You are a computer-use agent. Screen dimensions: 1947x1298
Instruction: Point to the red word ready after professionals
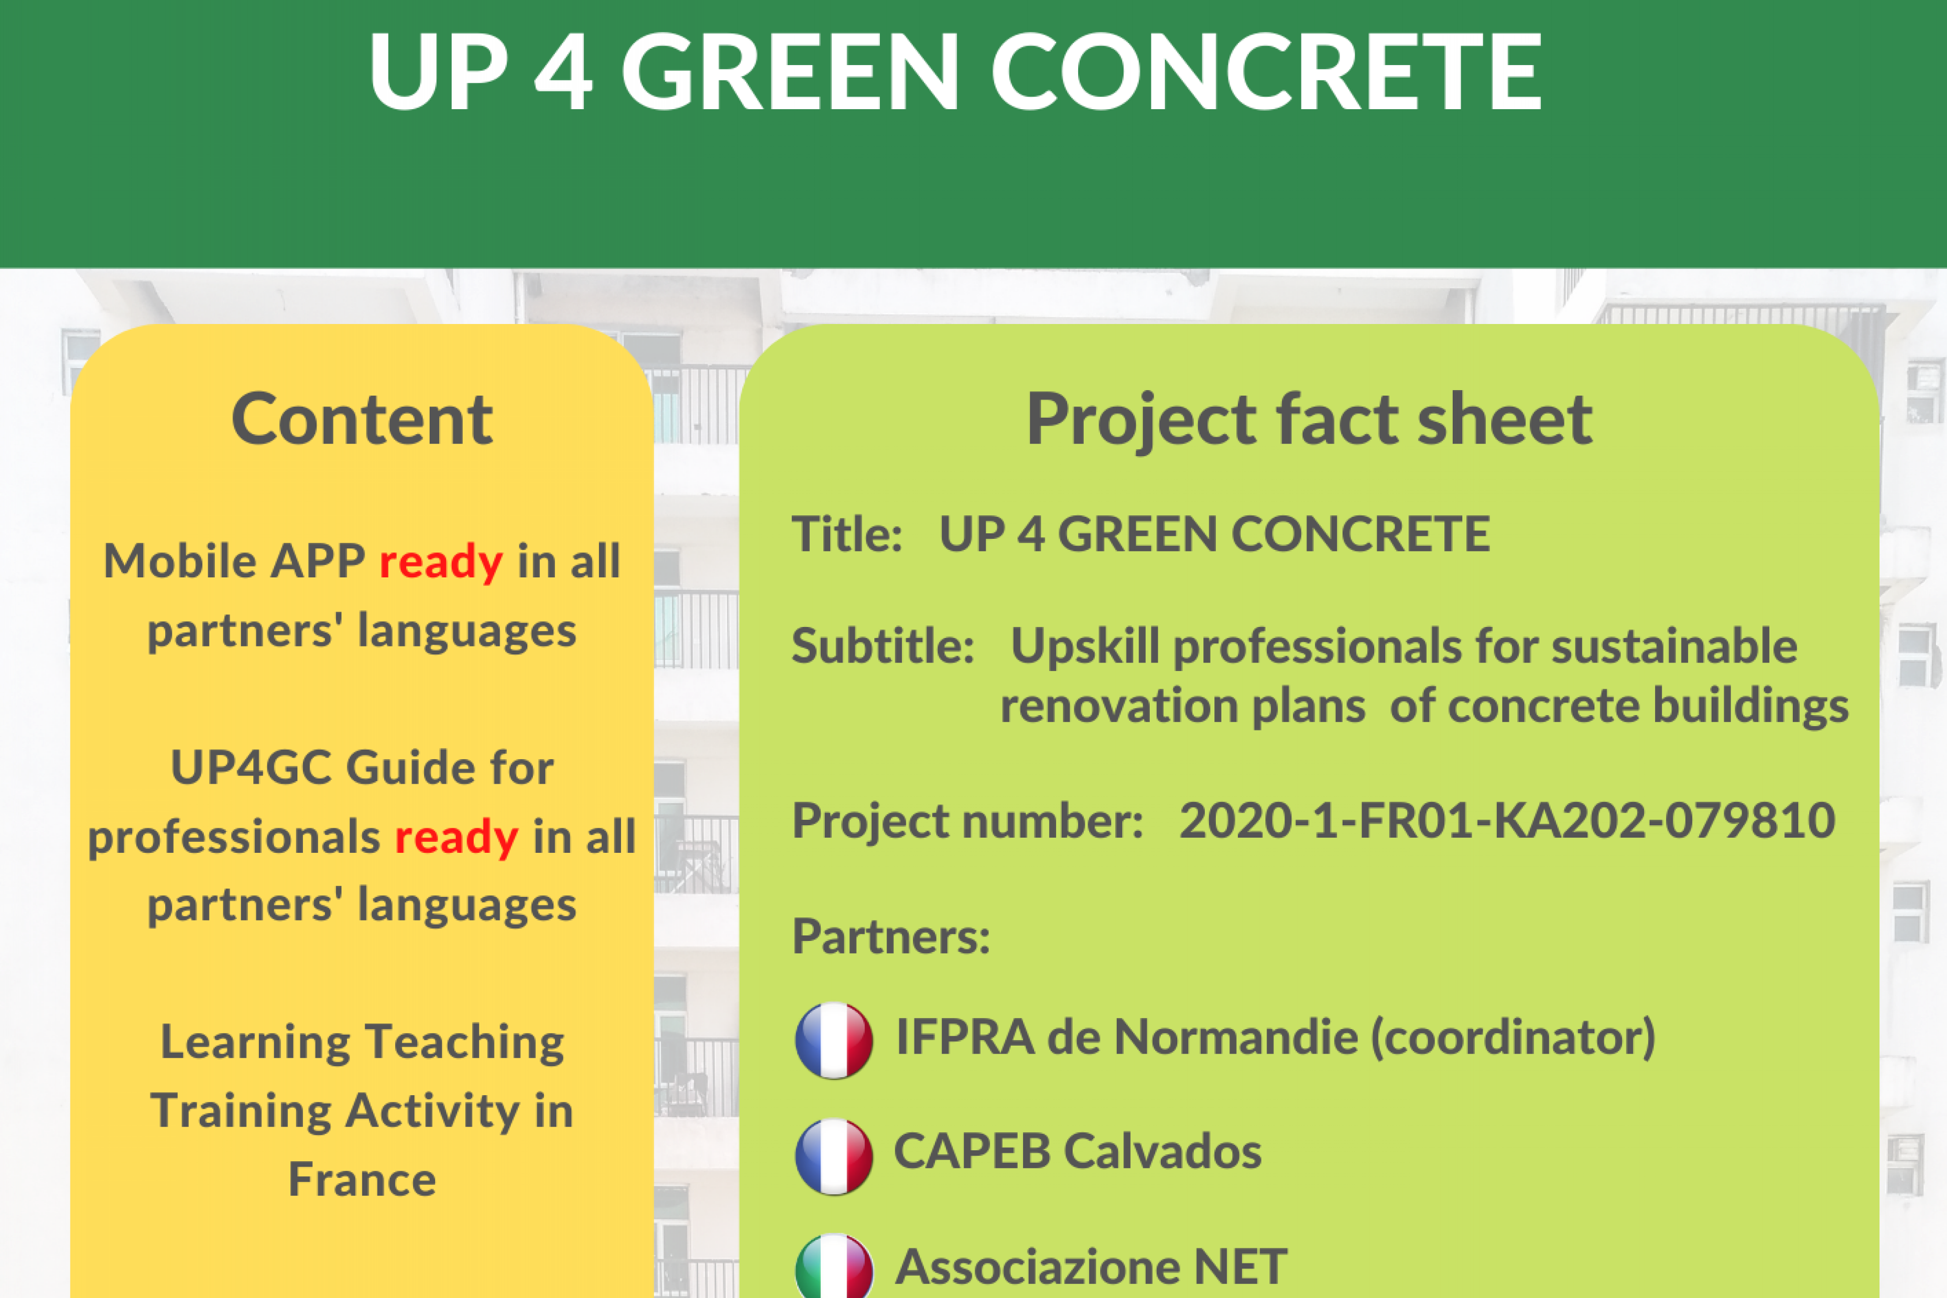[x=456, y=838]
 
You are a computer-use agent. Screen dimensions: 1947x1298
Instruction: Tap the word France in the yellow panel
[x=363, y=1180]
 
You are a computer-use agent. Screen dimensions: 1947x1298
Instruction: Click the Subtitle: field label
[x=882, y=645]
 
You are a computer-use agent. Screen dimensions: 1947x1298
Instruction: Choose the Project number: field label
[x=967, y=821]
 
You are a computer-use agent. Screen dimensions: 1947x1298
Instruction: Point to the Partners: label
[x=891, y=936]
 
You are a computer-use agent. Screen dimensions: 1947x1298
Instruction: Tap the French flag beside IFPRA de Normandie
[x=834, y=1041]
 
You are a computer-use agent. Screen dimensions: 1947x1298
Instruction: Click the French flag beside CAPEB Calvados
[x=834, y=1156]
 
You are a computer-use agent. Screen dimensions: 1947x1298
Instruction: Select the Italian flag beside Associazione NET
[x=834, y=1266]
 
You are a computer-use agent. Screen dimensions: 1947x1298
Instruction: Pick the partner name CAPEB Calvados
[x=1077, y=1151]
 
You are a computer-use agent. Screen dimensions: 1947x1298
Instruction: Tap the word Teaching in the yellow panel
[x=464, y=1043]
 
